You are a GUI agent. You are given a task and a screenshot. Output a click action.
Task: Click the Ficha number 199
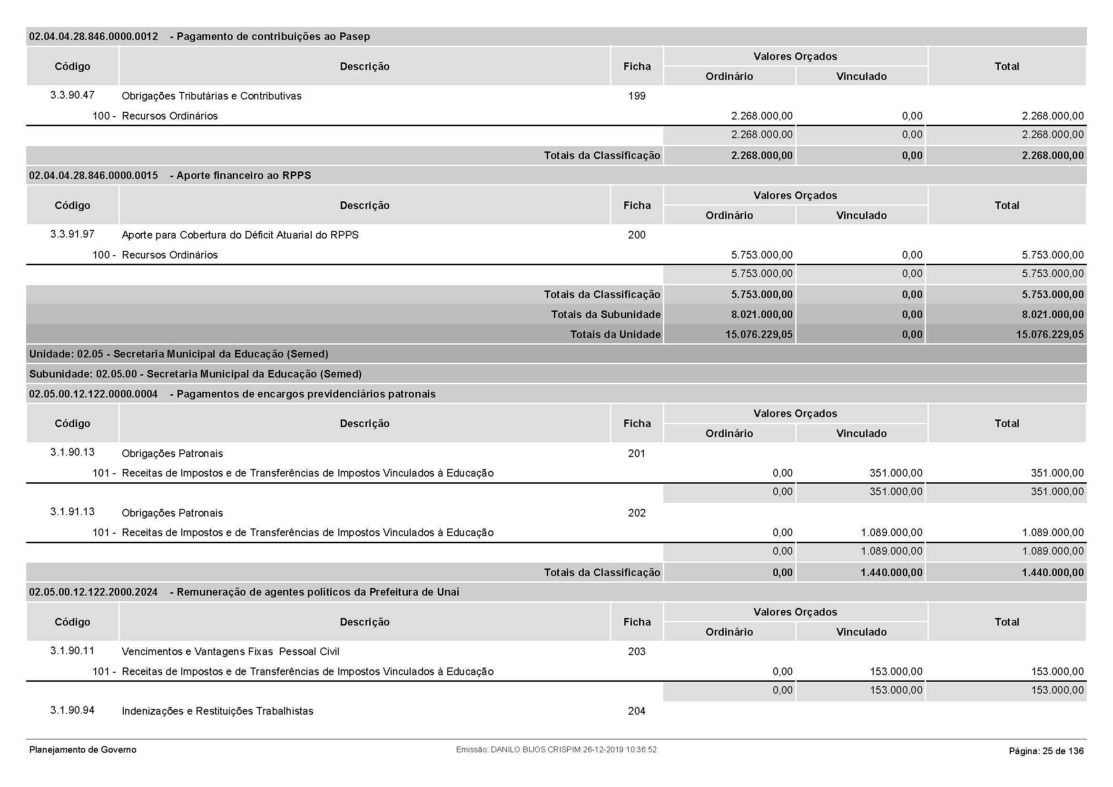click(x=637, y=96)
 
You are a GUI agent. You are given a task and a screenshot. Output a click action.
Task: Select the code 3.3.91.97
click(x=72, y=234)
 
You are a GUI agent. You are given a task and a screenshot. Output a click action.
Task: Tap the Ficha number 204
click(x=637, y=711)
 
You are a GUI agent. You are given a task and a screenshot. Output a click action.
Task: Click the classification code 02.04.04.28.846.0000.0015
click(x=94, y=176)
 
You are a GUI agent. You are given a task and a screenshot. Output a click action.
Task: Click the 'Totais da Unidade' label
click(x=615, y=334)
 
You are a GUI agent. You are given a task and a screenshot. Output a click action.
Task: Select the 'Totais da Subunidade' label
click(x=605, y=314)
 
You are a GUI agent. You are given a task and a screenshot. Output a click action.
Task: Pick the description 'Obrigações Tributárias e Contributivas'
click(x=211, y=96)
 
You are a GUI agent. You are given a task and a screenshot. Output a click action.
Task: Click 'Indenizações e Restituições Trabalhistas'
click(x=217, y=711)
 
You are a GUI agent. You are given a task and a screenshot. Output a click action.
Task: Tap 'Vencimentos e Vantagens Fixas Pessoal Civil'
click(x=230, y=651)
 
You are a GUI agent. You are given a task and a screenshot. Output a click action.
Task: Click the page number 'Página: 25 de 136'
click(x=1046, y=751)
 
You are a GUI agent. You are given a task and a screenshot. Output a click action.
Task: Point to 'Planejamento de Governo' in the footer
click(x=83, y=750)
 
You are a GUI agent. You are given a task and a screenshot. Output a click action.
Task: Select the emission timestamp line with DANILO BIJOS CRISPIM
click(x=556, y=750)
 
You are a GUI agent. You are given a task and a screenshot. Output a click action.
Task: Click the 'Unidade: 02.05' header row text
click(x=178, y=354)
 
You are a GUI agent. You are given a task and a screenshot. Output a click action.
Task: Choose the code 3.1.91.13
click(x=72, y=512)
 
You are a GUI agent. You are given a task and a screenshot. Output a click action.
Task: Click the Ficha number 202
click(x=637, y=513)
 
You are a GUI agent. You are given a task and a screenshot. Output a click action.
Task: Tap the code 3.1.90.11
click(x=72, y=650)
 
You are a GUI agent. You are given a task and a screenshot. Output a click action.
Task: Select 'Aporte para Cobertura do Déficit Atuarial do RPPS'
click(x=240, y=235)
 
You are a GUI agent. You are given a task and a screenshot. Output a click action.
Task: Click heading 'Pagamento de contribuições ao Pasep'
click(x=273, y=36)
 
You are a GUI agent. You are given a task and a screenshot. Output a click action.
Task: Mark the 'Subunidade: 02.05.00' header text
click(x=195, y=374)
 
